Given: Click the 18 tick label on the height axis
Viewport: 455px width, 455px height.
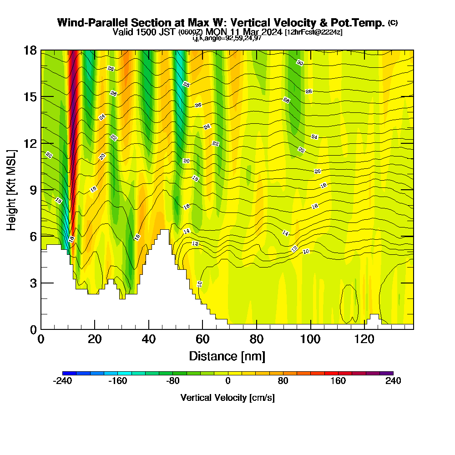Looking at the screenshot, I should pos(30,50).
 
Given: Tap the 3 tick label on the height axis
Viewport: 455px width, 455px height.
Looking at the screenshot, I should pos(33,283).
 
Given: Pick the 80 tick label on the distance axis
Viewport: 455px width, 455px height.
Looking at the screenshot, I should pos(257,339).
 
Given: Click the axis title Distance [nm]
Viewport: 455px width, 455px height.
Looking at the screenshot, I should pos(227,355).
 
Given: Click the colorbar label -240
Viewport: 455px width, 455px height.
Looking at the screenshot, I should pos(62,381).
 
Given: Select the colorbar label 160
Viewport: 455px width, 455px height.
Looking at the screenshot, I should pos(338,381).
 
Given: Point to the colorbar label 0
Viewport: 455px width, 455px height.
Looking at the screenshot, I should pos(227,381).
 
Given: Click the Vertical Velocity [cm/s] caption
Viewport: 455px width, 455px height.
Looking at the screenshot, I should pos(227,398).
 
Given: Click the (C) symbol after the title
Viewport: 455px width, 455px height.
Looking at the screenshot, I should pos(393,23).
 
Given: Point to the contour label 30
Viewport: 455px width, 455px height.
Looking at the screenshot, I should pos(299,63).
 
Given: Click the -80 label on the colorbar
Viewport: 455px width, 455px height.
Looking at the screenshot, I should pos(172,381).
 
